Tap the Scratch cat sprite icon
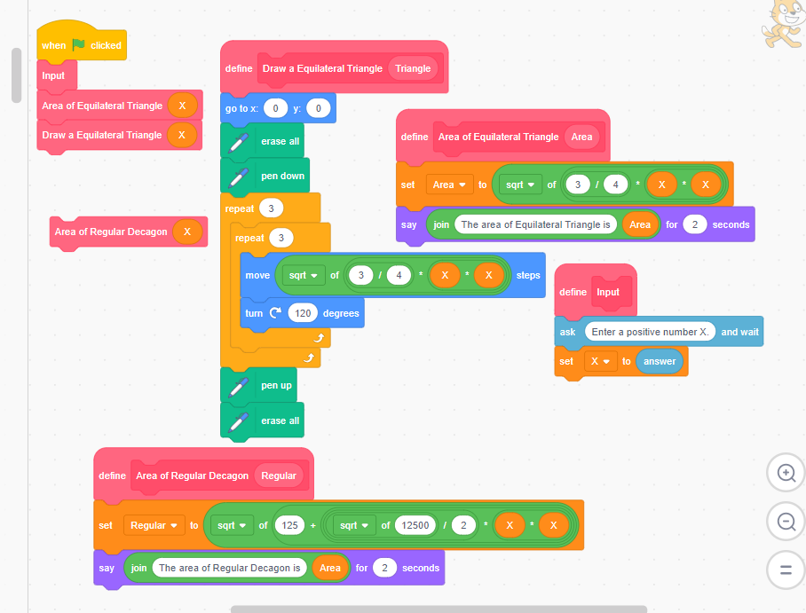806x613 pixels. click(x=781, y=24)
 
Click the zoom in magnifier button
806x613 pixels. click(x=786, y=473)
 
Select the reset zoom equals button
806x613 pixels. click(x=786, y=570)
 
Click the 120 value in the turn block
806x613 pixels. click(x=303, y=313)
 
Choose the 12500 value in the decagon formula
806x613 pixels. click(x=415, y=525)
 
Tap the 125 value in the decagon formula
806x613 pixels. click(x=288, y=525)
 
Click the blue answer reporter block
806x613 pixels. click(x=660, y=361)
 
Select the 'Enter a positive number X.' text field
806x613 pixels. click(x=650, y=332)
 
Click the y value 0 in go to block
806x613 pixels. click(x=319, y=108)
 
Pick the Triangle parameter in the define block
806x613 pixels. click(x=413, y=68)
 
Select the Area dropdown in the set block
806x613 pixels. click(x=447, y=185)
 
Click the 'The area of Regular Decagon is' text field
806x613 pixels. click(x=229, y=568)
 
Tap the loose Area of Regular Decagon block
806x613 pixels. click(x=111, y=232)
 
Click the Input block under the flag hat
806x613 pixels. click(x=53, y=75)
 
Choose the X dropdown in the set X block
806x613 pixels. click(x=599, y=361)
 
